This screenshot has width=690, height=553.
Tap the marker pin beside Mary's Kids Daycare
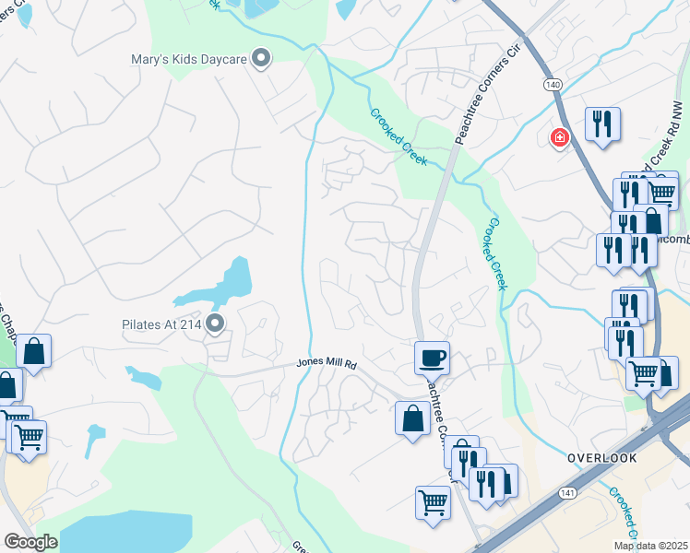point(262,59)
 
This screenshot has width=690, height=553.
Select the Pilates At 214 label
point(162,324)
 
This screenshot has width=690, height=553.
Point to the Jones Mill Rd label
point(326,364)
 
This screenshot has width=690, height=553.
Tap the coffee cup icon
point(432,356)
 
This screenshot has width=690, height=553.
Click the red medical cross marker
point(559,139)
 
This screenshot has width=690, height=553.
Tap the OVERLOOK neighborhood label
point(601,457)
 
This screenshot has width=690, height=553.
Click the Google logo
point(30,542)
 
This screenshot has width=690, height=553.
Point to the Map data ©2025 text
point(650,546)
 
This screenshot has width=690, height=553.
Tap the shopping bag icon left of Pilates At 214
point(33,351)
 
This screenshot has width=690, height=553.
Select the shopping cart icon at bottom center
point(433,503)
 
